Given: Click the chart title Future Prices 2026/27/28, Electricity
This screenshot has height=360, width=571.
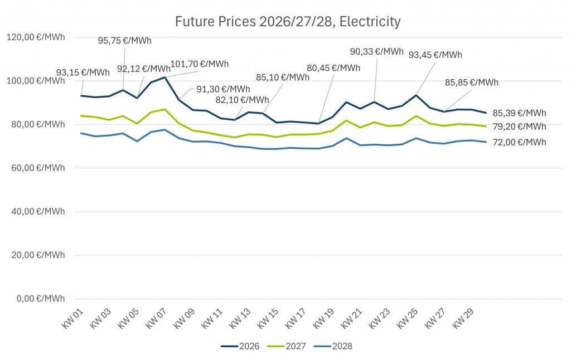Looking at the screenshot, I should (288, 22).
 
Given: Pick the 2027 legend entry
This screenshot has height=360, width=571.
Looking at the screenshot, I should (286, 346).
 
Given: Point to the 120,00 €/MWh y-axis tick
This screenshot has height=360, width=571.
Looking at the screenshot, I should (36, 37).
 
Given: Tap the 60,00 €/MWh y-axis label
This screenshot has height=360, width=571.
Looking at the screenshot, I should (36, 168).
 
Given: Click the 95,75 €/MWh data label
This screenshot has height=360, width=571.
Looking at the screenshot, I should (124, 41).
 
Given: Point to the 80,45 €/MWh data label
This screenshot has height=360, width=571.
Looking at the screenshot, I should (333, 68).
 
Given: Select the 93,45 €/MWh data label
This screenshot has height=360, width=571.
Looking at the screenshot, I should (435, 55).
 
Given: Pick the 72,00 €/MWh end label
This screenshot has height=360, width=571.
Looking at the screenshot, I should (519, 143).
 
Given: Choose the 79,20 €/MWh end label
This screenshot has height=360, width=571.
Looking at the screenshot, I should (519, 127).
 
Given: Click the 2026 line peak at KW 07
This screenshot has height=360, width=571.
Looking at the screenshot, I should (165, 77).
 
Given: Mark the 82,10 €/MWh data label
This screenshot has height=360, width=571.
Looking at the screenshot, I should (243, 100).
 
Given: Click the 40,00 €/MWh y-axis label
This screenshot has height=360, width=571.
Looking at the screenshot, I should (36, 211).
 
